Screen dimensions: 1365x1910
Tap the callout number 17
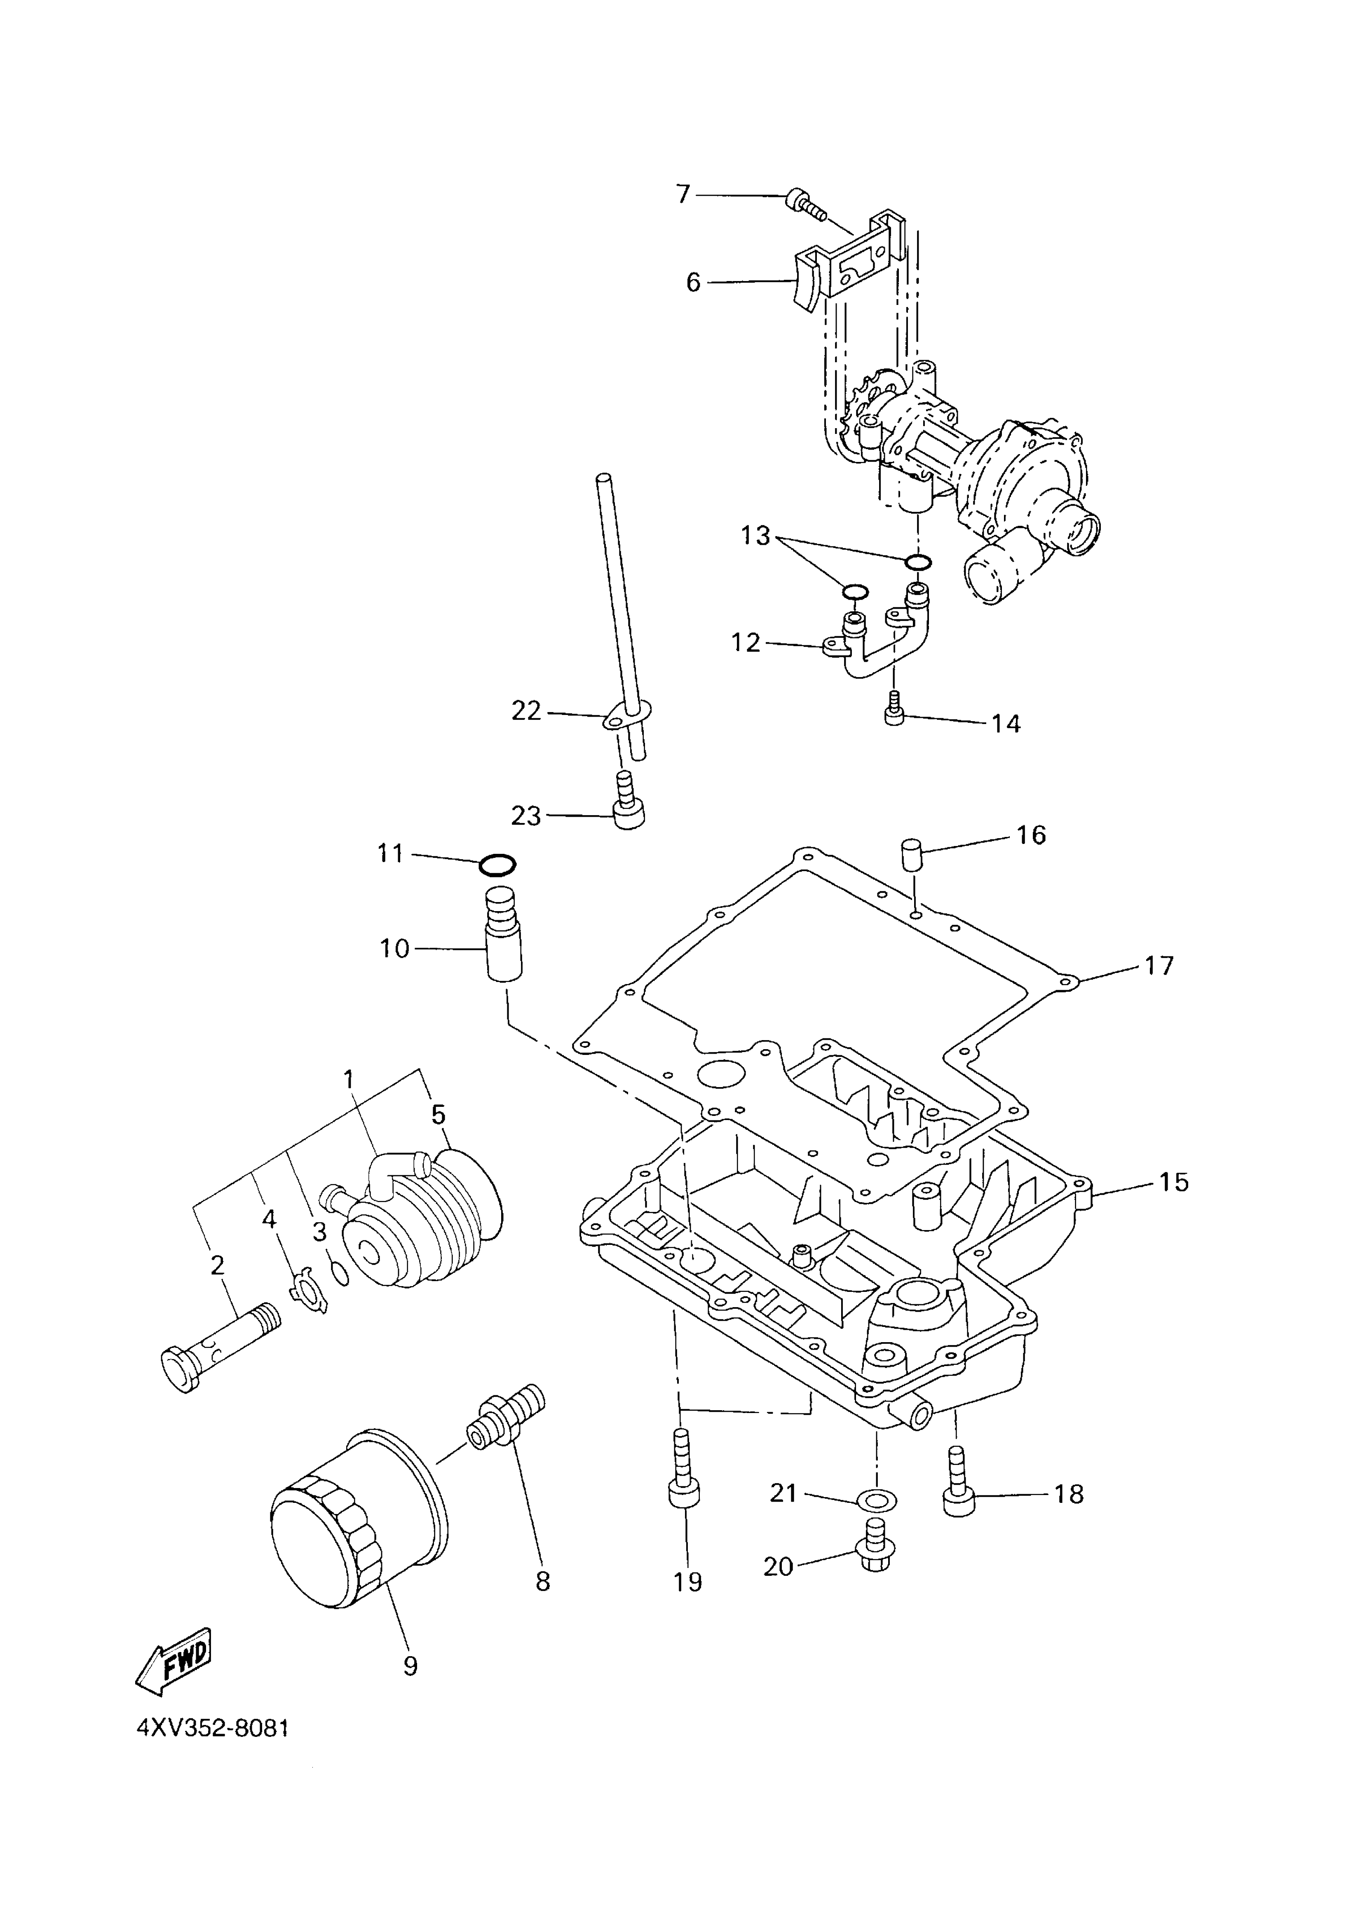(1158, 966)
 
